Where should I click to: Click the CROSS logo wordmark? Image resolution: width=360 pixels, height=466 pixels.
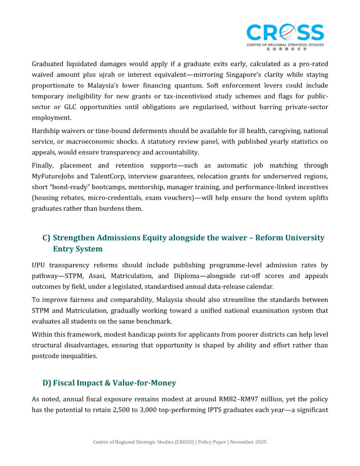pos(285,33)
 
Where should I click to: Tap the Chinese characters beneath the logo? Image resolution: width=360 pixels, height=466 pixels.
pos(285,49)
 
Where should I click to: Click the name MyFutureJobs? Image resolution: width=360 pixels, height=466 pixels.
pos(54,176)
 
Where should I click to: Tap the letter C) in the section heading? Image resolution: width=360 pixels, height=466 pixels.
pos(46,238)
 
